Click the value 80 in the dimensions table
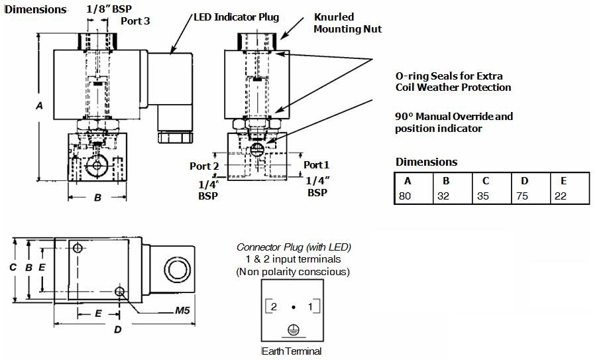click(404, 196)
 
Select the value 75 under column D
click(522, 196)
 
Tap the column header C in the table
click(486, 181)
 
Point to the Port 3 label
click(135, 21)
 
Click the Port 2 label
click(205, 166)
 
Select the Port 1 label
click(316, 164)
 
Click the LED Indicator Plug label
click(237, 17)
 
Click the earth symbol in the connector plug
click(293, 330)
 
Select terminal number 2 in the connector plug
click(273, 307)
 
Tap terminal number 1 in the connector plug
click(310, 307)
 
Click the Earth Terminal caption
click(292, 351)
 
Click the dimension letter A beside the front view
click(39, 105)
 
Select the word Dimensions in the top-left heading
click(36, 9)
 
